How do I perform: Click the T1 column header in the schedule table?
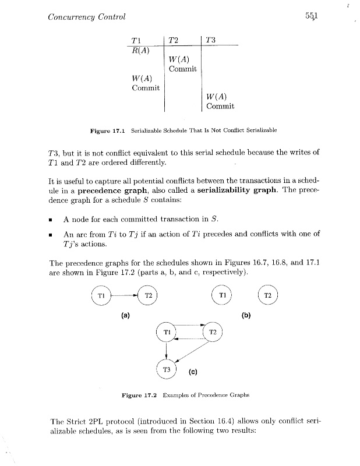coord(135,40)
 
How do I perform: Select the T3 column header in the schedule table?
coord(211,40)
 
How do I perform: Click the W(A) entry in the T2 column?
coord(178,59)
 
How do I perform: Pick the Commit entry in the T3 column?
coord(220,107)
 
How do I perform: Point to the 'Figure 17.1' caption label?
coord(107,129)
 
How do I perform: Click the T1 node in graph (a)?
coord(101,296)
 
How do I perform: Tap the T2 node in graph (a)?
coord(149,296)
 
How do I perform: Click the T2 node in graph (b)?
coord(268,296)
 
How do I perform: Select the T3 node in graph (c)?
coord(167,369)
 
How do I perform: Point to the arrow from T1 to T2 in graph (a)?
coord(125,296)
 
